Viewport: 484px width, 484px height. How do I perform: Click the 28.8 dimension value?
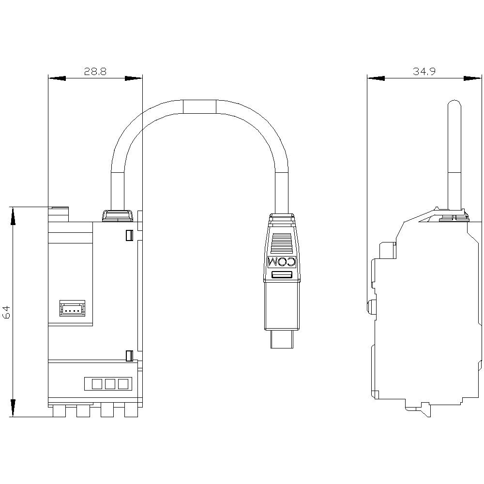95,72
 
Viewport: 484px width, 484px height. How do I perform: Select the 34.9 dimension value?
424,72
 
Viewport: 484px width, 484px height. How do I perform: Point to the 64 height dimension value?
7,312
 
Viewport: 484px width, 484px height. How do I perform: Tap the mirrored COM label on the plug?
282,262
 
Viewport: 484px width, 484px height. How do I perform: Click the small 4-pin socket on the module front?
72,308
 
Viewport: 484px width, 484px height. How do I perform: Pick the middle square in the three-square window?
109,384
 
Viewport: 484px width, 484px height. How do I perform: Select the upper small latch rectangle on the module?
129,235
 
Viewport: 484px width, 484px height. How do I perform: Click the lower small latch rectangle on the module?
129,356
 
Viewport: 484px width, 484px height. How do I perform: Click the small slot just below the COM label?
282,275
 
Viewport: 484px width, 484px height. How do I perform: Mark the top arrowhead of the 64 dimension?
13,215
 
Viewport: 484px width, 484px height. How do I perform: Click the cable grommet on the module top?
117,215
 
